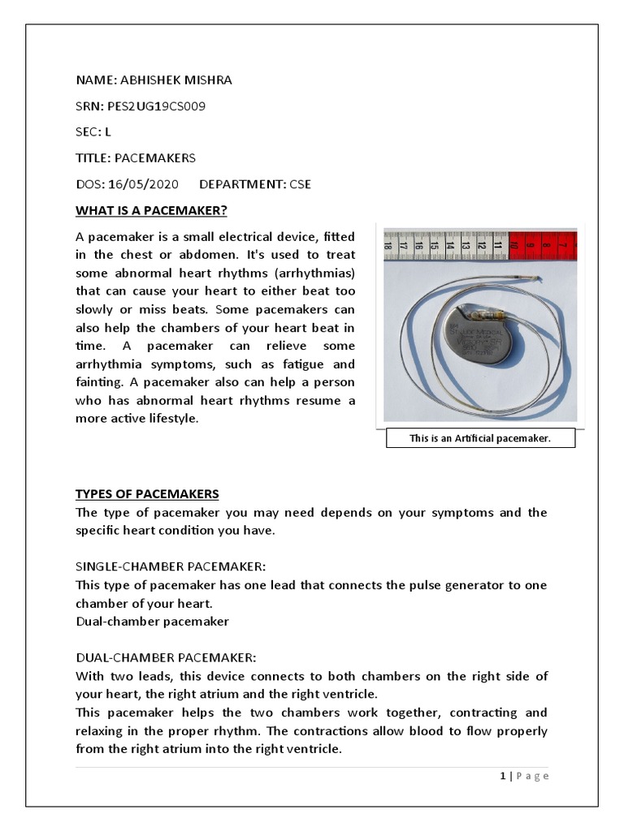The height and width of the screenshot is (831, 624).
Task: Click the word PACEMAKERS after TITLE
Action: (154, 158)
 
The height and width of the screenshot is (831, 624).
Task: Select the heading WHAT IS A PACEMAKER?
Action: (151, 211)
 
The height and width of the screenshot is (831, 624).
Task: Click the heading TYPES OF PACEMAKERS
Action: (147, 494)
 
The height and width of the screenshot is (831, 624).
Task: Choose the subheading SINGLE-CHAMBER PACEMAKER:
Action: (171, 566)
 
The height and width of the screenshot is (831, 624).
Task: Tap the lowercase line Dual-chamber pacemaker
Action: (152, 622)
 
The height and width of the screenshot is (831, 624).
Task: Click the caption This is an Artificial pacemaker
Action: (479, 438)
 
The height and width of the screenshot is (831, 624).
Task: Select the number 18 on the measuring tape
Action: (390, 243)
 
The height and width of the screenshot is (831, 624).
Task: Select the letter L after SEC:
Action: (108, 131)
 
